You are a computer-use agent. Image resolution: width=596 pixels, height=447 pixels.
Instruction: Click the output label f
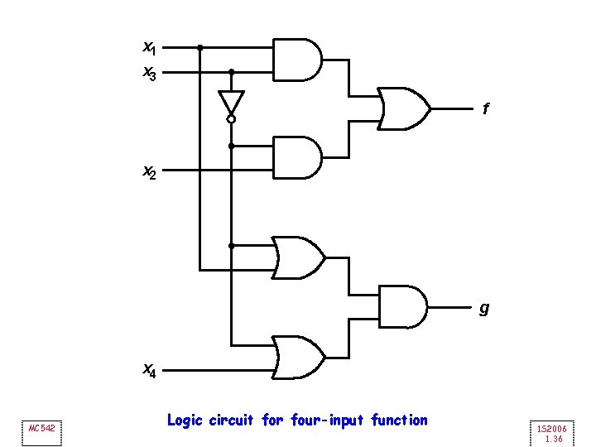tap(486, 108)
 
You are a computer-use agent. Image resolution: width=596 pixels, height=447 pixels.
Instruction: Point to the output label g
tap(484, 309)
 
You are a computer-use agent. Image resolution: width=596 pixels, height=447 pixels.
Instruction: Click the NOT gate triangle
tap(231, 102)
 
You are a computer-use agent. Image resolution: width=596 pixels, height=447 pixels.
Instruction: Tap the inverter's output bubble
tap(231, 119)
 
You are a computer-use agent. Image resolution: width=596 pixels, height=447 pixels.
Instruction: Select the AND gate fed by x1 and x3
tap(297, 59)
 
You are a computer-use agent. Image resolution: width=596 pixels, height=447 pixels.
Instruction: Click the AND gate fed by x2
tap(297, 157)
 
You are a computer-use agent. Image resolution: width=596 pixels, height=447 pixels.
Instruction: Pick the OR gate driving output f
tap(404, 108)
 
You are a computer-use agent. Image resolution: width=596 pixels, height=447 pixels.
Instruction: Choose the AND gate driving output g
tap(403, 306)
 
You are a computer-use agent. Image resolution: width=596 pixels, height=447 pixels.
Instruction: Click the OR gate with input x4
tap(298, 356)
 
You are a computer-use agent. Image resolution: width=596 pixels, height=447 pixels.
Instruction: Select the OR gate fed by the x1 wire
tap(298, 257)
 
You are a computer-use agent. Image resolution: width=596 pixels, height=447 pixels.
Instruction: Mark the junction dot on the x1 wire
tap(199, 47)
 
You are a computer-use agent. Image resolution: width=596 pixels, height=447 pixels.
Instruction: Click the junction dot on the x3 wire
tap(231, 72)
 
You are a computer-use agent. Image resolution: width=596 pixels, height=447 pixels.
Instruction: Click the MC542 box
tap(41, 429)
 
